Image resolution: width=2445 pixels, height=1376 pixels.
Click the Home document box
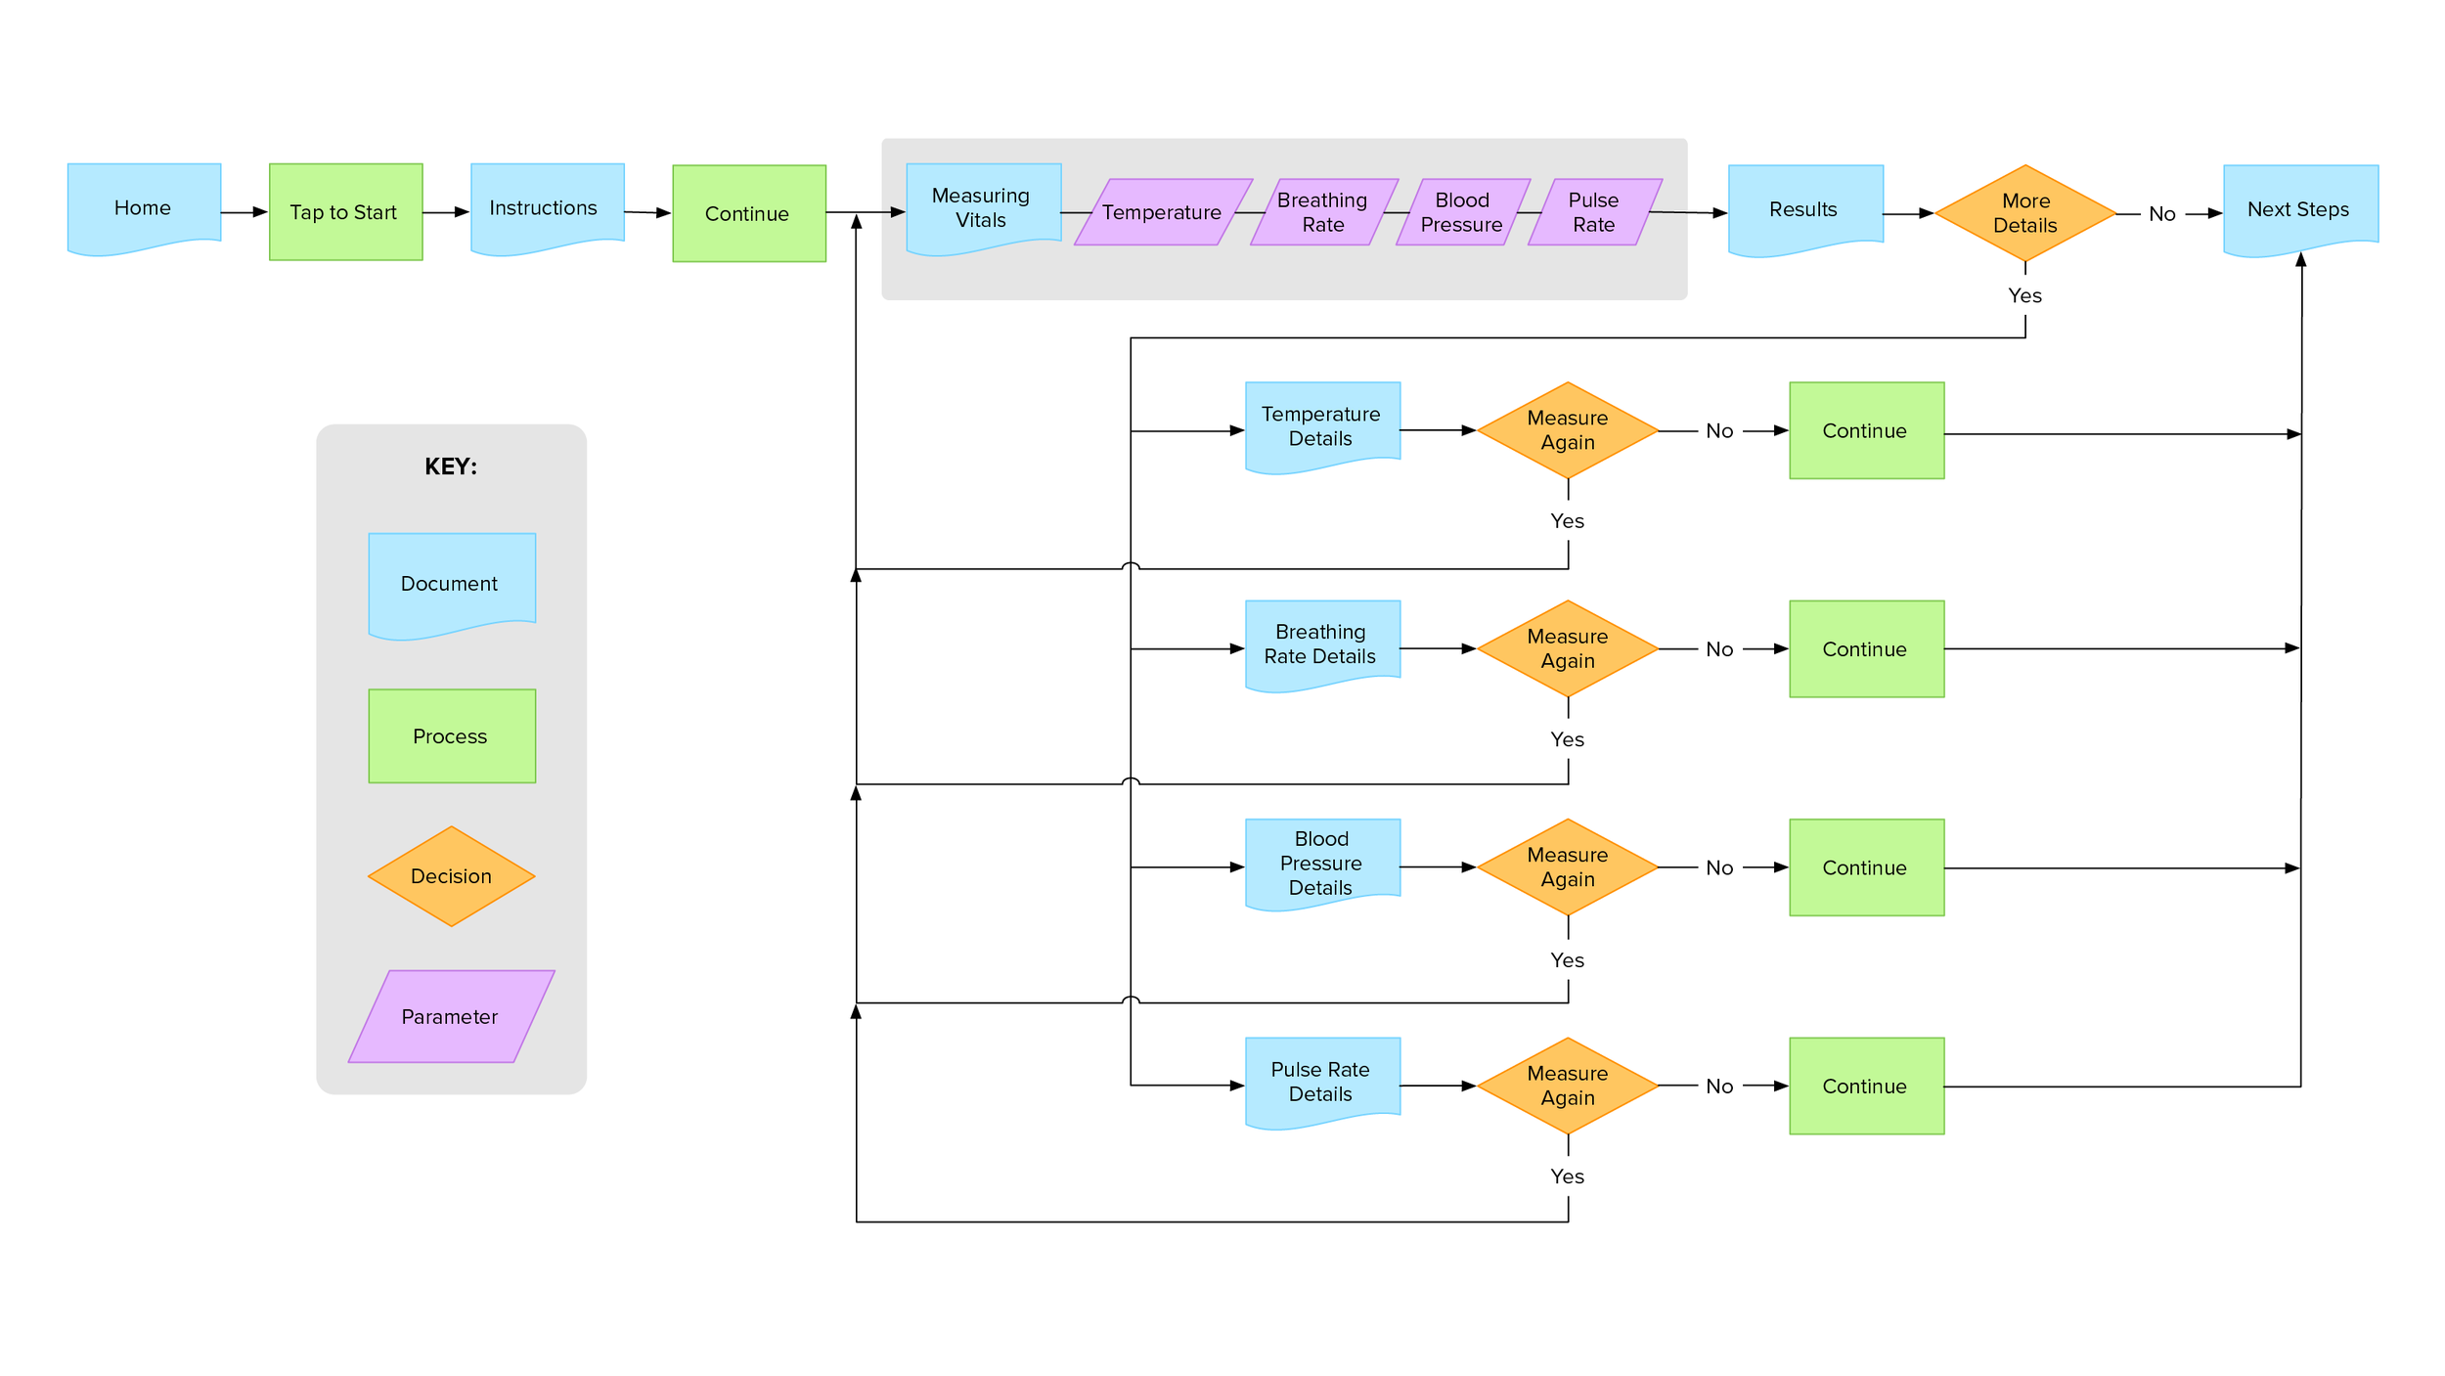click(x=144, y=208)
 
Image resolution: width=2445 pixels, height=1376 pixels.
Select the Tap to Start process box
click(x=346, y=212)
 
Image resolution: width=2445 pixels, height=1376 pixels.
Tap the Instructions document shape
click(x=548, y=208)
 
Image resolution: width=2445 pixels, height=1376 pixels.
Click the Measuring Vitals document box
click(x=984, y=208)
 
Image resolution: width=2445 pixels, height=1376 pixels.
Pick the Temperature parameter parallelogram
click(x=1163, y=212)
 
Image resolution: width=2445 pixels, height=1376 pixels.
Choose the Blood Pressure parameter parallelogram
click(x=1463, y=212)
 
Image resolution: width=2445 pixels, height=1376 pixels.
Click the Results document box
click(x=1805, y=210)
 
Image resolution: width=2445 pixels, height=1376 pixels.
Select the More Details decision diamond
click(x=2025, y=213)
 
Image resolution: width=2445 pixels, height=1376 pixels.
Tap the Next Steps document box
click(x=2300, y=210)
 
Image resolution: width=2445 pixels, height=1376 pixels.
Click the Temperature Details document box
click(x=1322, y=427)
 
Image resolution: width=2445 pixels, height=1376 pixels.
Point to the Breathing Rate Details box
click(x=1322, y=645)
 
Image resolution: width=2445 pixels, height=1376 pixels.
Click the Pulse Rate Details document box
click(x=1322, y=1083)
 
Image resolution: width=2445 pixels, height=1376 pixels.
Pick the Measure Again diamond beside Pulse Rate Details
click(x=1568, y=1086)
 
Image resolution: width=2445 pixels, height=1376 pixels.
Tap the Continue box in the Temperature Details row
click(x=1867, y=430)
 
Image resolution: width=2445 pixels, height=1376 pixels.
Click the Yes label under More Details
click(x=2024, y=295)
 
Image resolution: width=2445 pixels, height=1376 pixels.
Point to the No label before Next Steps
click(x=2162, y=214)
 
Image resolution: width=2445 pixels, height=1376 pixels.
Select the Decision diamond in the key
click(x=452, y=876)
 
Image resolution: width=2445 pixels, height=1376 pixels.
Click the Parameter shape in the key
click(x=452, y=1016)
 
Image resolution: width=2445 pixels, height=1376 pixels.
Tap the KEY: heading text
click(x=451, y=466)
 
